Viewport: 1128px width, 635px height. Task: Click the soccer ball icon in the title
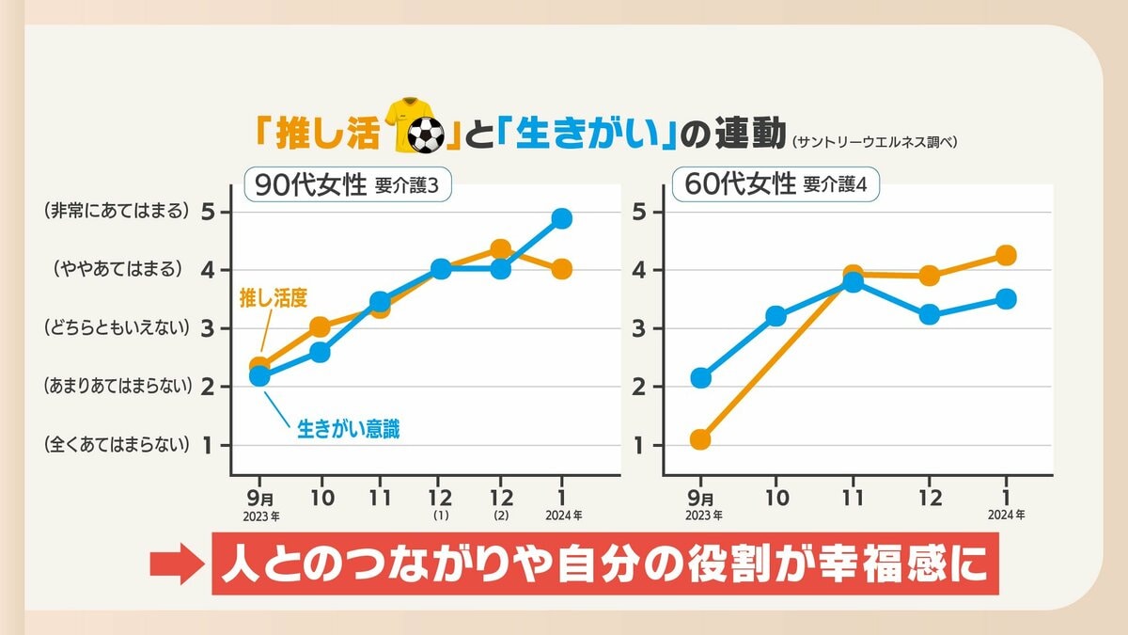(427, 136)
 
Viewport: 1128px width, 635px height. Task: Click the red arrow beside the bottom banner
(176, 565)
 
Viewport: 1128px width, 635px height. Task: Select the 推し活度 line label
(274, 299)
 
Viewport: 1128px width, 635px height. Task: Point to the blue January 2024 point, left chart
(562, 218)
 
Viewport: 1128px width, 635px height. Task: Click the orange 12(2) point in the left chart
(501, 249)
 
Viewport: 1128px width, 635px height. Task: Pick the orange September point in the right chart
(699, 439)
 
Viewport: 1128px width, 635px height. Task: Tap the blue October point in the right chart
(775, 316)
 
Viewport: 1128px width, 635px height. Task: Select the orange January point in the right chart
(1006, 256)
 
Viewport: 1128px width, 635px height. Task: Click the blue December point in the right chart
(929, 314)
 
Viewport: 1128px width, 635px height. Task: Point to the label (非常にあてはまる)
(117, 212)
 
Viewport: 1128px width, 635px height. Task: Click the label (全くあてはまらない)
(117, 445)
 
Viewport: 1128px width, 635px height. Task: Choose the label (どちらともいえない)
(117, 328)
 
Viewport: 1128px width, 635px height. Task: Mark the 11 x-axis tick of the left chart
(380, 499)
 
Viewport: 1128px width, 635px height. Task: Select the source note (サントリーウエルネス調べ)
(874, 143)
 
